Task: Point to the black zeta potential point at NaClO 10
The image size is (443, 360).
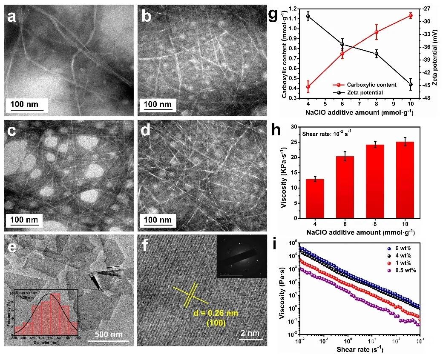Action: click(411, 84)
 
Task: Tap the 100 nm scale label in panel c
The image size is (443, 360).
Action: click(25, 220)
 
